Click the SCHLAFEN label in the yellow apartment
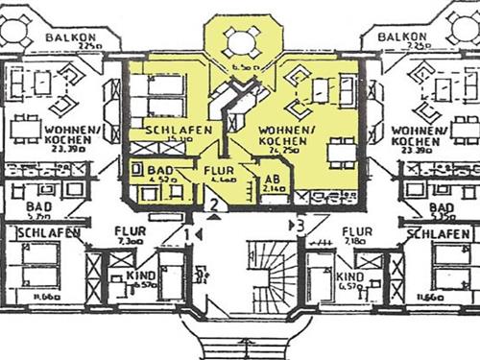[x=171, y=130]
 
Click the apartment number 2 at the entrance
[x=217, y=204]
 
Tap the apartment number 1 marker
[x=187, y=233]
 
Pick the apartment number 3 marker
[x=300, y=227]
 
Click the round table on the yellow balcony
[x=237, y=42]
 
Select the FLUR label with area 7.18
[x=357, y=231]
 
